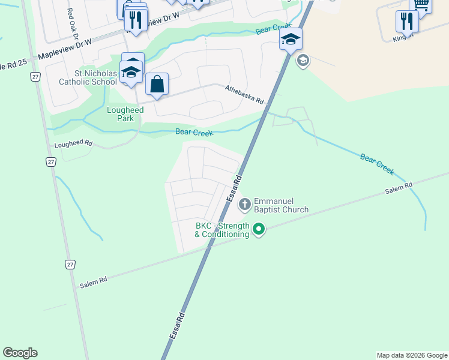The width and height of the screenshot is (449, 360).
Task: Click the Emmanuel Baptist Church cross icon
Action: pyautogui.click(x=244, y=205)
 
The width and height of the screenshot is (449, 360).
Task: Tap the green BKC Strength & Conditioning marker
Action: pyautogui.click(x=259, y=229)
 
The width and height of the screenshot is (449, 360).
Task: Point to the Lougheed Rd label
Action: pyautogui.click(x=73, y=144)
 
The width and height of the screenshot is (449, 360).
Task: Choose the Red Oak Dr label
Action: pyautogui.click(x=74, y=24)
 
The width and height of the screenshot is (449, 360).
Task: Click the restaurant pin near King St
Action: pyautogui.click(x=407, y=22)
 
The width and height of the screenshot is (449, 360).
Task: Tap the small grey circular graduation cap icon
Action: pyautogui.click(x=303, y=60)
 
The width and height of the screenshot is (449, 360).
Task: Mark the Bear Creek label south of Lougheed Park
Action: pyautogui.click(x=194, y=133)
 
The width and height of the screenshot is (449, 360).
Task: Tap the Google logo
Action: pyautogui.click(x=20, y=353)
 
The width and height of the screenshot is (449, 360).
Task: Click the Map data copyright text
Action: pyautogui.click(x=412, y=355)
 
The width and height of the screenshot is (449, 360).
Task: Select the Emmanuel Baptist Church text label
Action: pyautogui.click(x=281, y=205)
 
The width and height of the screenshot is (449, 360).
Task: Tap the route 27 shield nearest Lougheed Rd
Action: pyautogui.click(x=51, y=162)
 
